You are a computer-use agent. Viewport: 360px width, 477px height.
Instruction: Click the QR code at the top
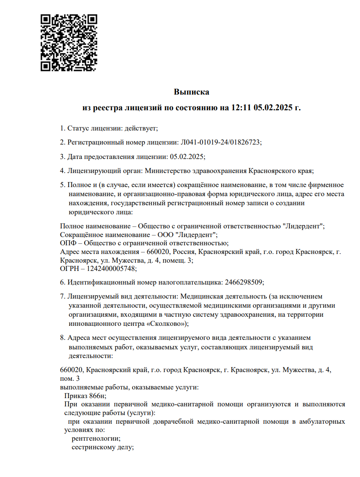point(69,42)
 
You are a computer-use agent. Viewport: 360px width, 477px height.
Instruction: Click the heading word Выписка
point(192,92)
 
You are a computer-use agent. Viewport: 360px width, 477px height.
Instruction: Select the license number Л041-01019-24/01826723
point(221,142)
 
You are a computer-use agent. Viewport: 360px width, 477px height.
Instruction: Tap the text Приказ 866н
point(82,396)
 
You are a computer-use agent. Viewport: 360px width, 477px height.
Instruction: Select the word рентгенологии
point(96,439)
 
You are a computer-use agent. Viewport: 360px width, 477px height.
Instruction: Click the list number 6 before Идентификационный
point(62,282)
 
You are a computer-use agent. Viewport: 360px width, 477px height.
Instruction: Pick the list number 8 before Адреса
point(62,338)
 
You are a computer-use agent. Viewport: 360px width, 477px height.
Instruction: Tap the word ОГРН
point(69,268)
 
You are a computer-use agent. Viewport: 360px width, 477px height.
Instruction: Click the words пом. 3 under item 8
point(70,378)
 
